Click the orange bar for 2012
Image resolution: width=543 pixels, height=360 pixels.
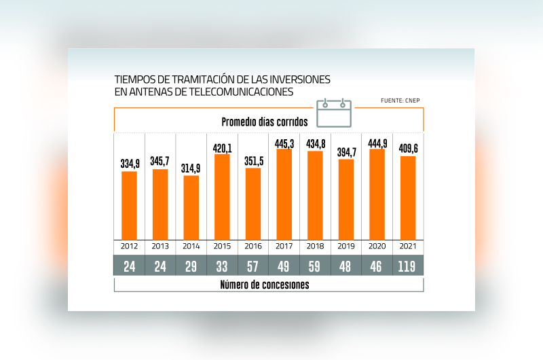[x=129, y=204]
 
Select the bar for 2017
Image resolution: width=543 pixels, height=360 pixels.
[x=284, y=194]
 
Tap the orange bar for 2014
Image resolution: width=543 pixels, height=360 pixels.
[x=191, y=207]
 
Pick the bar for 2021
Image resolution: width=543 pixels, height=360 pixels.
[x=408, y=197]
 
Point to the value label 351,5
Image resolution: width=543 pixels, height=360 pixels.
[x=253, y=162]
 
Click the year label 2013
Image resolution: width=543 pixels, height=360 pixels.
[x=160, y=245]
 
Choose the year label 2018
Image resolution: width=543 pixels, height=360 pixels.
[x=315, y=245]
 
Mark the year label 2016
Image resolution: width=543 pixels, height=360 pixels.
[x=253, y=245]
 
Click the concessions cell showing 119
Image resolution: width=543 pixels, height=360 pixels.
[x=409, y=266]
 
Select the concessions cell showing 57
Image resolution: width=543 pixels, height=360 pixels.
[x=253, y=266]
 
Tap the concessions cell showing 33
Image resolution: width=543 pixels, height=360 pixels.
[x=222, y=266]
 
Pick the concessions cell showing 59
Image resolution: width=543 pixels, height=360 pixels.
[x=315, y=266]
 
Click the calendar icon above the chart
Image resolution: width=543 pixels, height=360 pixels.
[x=335, y=113]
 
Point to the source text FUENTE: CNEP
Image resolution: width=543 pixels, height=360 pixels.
[x=400, y=101]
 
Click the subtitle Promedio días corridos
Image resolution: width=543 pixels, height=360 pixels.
[x=265, y=122]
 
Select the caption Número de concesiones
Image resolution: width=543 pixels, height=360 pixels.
[x=265, y=285]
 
